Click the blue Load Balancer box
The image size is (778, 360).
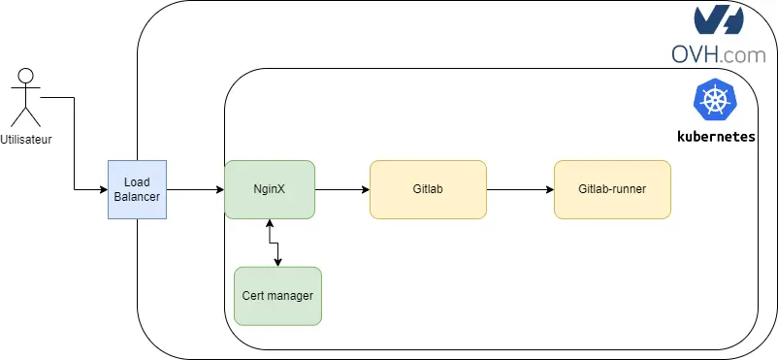coord(137,189)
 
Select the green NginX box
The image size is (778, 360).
coord(269,189)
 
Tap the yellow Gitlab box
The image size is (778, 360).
coord(428,189)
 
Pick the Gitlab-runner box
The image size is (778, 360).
coord(612,189)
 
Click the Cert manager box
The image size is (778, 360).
coord(277,295)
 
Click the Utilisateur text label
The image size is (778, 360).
coord(26,140)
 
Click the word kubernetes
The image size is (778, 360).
coord(716,137)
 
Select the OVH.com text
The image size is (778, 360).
coord(718,55)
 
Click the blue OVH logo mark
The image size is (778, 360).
coord(719,21)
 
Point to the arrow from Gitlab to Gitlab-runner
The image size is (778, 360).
coord(519,189)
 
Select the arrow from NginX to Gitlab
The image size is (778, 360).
coord(342,189)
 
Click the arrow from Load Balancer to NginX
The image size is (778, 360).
coord(195,189)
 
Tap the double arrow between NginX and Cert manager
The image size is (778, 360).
coord(276,243)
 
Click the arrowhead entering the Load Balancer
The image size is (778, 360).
coord(102,189)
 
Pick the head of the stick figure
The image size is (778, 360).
coord(26,75)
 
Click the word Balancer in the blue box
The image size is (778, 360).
coord(137,197)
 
